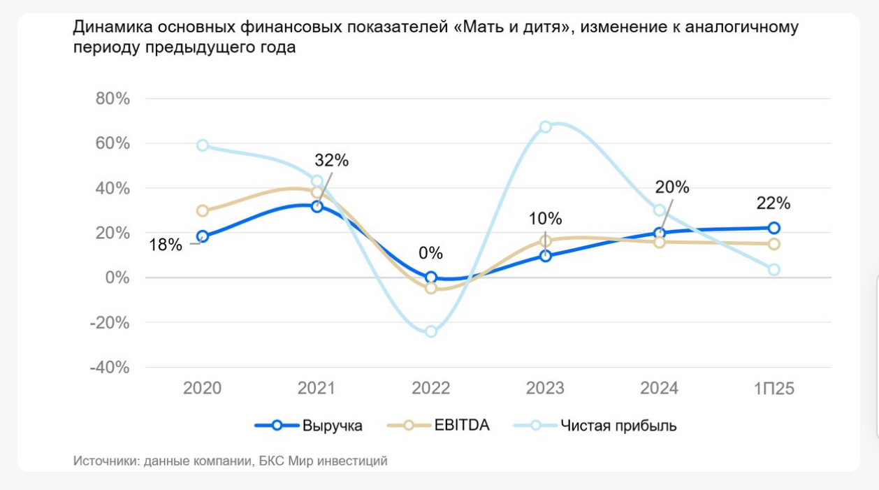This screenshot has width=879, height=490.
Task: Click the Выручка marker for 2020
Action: click(x=203, y=236)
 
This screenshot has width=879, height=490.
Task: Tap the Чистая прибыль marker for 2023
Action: click(x=546, y=127)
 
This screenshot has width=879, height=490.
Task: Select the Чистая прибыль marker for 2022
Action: click(x=431, y=331)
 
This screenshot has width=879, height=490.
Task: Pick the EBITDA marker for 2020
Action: click(x=203, y=210)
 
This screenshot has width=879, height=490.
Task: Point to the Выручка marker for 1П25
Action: click(x=774, y=228)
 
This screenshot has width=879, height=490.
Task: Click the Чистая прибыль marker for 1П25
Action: click(x=774, y=270)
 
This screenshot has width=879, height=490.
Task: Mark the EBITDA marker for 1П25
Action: click(x=774, y=244)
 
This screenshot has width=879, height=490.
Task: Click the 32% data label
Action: click(x=331, y=160)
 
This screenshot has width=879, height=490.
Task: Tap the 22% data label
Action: click(x=773, y=203)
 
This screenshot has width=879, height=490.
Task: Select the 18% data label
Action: click(x=166, y=245)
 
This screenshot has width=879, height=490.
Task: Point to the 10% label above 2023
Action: click(x=545, y=218)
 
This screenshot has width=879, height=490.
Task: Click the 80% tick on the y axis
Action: click(x=112, y=99)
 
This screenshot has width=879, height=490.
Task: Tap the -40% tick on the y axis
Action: click(x=110, y=368)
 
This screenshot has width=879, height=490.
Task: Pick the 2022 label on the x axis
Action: click(x=431, y=389)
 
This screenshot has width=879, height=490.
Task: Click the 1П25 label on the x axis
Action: click(x=773, y=389)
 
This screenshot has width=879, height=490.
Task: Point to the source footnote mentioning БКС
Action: click(x=230, y=461)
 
